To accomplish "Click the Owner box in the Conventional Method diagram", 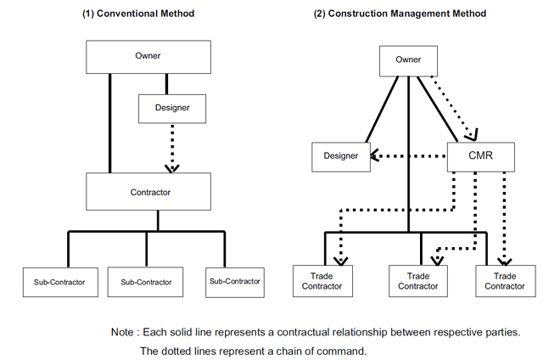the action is (148, 57).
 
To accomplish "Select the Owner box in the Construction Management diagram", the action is (408, 61).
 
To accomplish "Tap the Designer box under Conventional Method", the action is (172, 109).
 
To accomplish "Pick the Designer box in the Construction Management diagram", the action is (341, 157).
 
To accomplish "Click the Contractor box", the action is (148, 192).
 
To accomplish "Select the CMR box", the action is (481, 157).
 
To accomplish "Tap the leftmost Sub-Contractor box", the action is (60, 282).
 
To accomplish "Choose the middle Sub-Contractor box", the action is (145, 282).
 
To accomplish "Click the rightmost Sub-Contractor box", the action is (235, 283).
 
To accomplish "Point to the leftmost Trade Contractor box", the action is (322, 281).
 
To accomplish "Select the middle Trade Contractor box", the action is (417, 281).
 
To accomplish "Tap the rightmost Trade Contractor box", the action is (506, 281).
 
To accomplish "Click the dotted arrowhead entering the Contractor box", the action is (172, 169).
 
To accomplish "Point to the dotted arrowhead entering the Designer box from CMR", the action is (375, 156).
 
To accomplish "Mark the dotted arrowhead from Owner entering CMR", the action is (472, 136).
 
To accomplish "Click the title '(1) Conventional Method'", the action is (138, 14).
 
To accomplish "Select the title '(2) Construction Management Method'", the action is (400, 14).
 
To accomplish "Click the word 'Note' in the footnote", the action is (122, 332).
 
